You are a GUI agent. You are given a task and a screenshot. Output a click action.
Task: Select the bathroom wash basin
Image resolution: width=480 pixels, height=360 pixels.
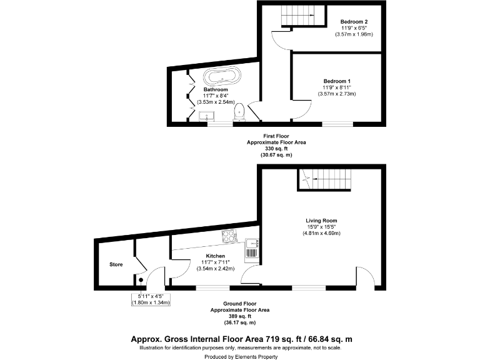[x=207, y=116]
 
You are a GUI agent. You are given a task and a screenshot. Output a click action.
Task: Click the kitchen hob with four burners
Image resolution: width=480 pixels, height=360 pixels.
[x=229, y=237]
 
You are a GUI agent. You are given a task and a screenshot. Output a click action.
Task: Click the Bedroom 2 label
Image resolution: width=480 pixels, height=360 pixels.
[x=354, y=22]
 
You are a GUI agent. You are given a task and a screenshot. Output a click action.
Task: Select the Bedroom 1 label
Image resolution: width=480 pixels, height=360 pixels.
[x=337, y=81]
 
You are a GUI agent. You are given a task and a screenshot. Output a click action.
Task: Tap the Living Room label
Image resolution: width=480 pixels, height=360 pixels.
[x=321, y=221]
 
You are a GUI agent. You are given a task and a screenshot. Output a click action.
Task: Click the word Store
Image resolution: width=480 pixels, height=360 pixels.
[x=116, y=264]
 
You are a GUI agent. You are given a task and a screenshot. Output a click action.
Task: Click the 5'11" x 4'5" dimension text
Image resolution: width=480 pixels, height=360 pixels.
[x=150, y=296]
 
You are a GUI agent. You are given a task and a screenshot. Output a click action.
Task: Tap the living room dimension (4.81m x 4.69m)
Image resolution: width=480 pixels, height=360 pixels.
[x=321, y=233]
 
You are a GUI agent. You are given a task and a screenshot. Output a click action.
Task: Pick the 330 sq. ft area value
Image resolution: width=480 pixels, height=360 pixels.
[x=276, y=149]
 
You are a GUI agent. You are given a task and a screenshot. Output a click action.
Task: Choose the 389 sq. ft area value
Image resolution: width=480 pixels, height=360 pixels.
[x=240, y=316]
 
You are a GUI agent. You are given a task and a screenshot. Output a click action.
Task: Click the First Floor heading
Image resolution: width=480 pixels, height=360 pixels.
[x=276, y=136]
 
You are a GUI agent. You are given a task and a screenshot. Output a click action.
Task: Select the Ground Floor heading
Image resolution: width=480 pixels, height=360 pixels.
[x=240, y=304]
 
